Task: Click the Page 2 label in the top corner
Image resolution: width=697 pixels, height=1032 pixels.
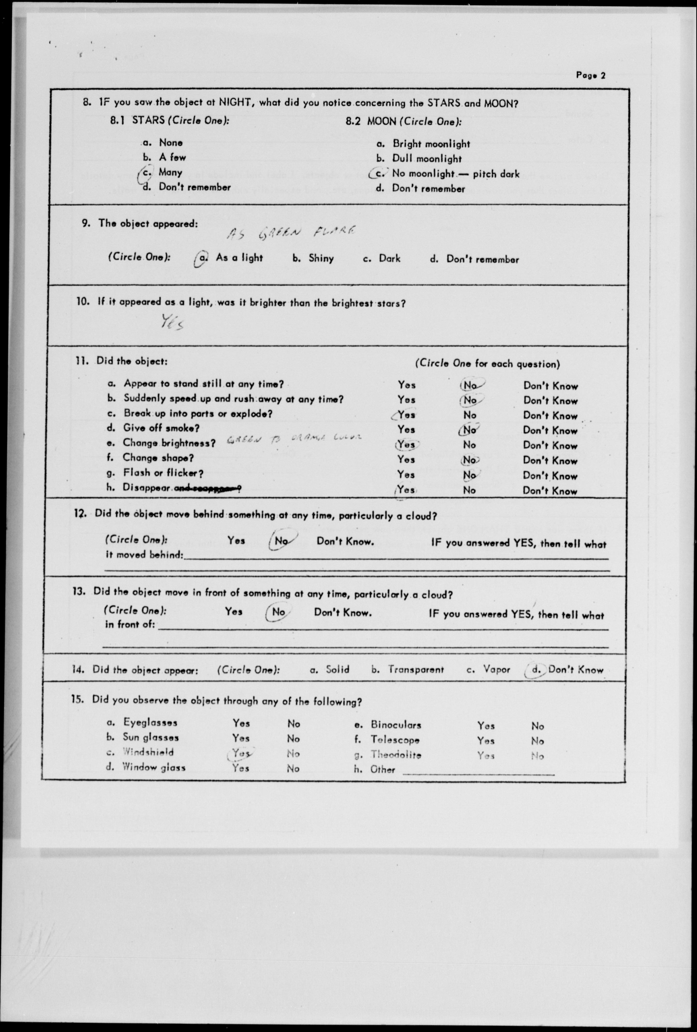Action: (590, 75)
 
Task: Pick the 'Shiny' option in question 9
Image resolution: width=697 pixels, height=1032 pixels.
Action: (320, 258)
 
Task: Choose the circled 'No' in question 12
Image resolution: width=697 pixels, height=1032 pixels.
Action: (282, 541)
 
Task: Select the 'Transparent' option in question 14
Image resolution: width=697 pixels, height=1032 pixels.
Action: (415, 670)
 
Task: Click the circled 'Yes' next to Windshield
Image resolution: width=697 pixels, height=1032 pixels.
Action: (241, 753)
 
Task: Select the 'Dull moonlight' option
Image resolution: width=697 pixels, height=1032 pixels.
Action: (427, 158)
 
